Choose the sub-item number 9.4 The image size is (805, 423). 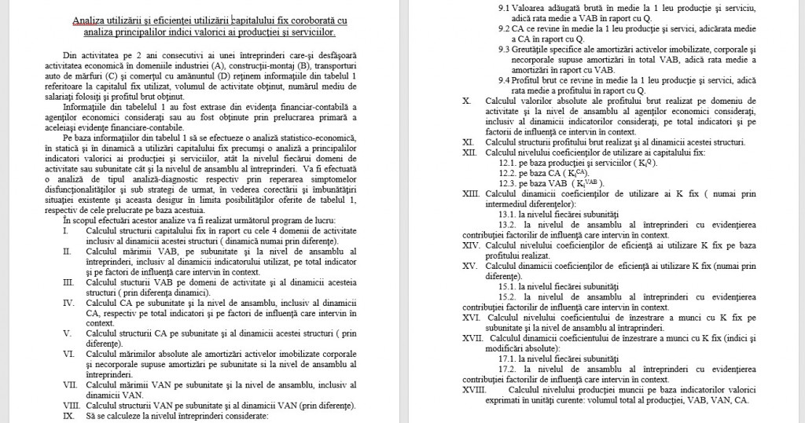pyautogui.click(x=507, y=79)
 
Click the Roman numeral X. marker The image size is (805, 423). pyautogui.click(x=466, y=101)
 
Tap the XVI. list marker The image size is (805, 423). pyautogui.click(x=471, y=317)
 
